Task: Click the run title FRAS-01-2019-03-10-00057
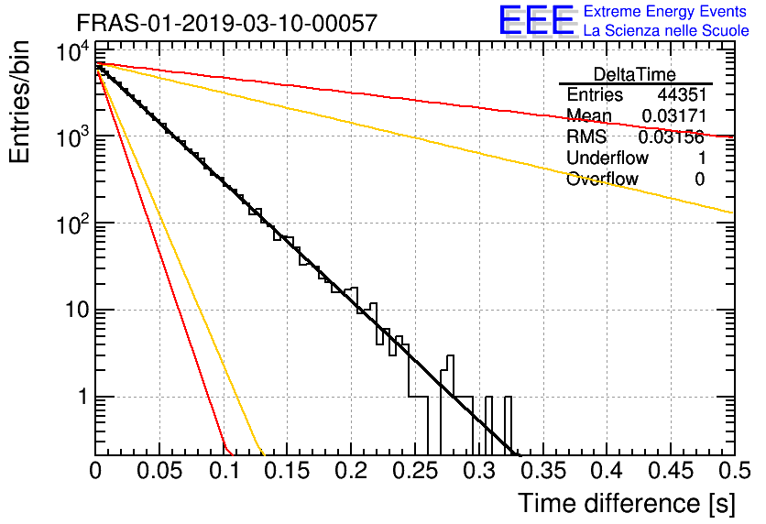tap(227, 23)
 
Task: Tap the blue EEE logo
tap(536, 20)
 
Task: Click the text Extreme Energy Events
tap(665, 11)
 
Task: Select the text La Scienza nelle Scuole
tap(666, 31)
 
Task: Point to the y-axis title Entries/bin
tap(19, 102)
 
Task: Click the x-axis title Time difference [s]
tap(627, 504)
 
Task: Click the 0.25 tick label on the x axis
tap(415, 471)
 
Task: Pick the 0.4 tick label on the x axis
tap(607, 471)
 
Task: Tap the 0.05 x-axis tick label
tap(159, 471)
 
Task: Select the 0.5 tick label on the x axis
tap(735, 471)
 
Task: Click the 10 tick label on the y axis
tap(77, 310)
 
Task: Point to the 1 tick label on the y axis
tap(83, 397)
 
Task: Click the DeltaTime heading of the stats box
tap(635, 74)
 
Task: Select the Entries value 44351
tap(682, 94)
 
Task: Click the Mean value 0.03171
tap(674, 115)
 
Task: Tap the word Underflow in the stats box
tap(607, 158)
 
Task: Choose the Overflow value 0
tap(700, 180)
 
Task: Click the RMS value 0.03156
tap(672, 137)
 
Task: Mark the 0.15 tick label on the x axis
tap(288, 471)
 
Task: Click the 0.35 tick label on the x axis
tap(543, 471)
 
